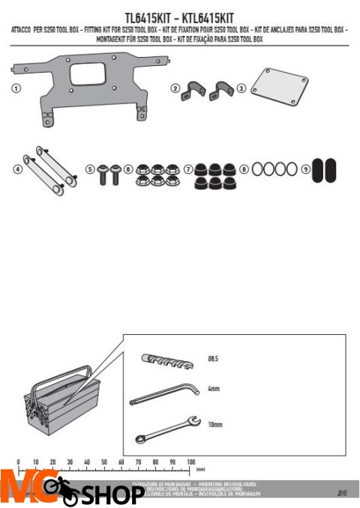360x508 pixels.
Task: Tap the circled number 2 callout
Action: click(175, 88)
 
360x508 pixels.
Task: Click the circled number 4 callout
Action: click(16, 169)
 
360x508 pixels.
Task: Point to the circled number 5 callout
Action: click(90, 170)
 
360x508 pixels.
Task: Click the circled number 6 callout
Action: click(128, 170)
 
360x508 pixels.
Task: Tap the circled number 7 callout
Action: click(187, 170)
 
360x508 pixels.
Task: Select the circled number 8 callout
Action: click(244, 170)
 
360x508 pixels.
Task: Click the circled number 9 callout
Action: click(305, 170)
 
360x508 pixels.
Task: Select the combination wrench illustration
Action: click(166, 427)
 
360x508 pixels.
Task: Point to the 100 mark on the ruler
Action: click(190, 462)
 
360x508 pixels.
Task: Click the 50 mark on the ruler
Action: click(104, 462)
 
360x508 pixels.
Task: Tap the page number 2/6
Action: click(344, 492)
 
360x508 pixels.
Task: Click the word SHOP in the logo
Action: click(112, 495)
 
